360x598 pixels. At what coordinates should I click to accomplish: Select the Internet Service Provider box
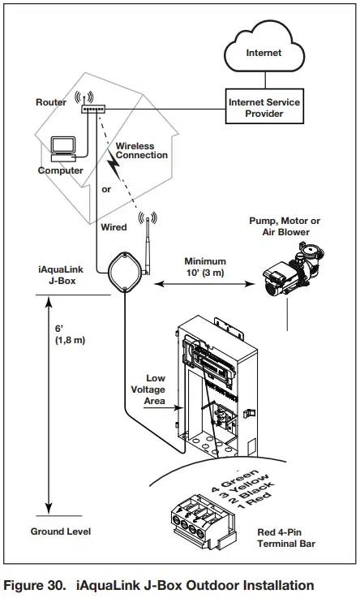pos(265,109)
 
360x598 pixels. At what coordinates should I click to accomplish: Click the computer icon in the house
pos(62,148)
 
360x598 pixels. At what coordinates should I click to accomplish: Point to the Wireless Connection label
pos(142,150)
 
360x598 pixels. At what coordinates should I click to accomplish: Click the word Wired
pos(114,228)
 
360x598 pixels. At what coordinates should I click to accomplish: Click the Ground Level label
pos(61,531)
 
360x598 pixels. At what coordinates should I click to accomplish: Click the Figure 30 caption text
pos(159,585)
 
